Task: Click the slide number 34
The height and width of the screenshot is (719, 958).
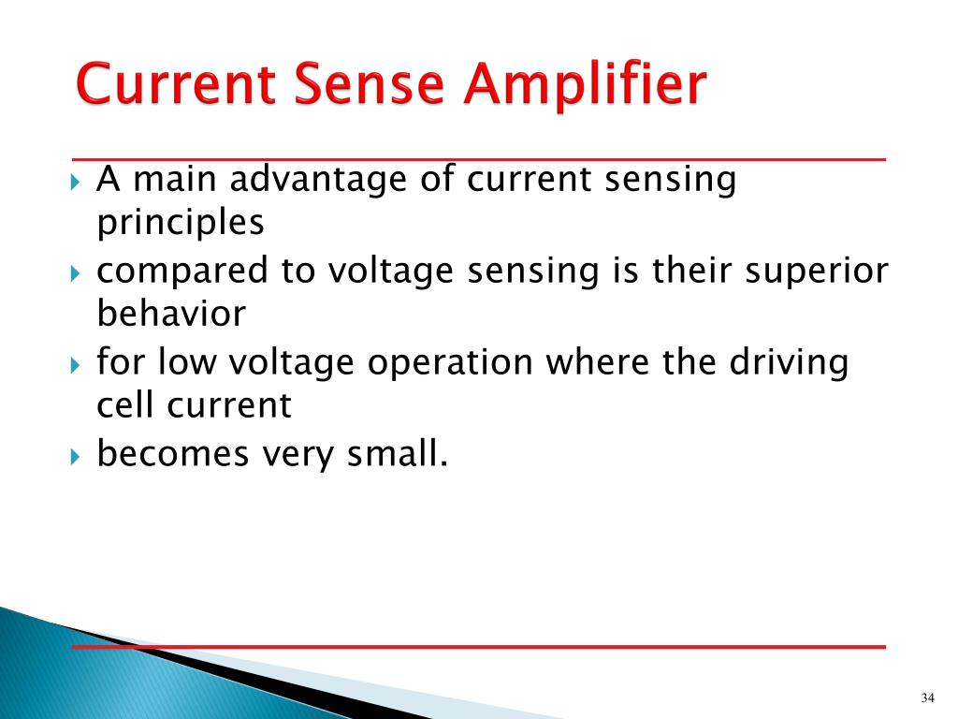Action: [928, 698]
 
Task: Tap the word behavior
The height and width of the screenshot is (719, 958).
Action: [171, 314]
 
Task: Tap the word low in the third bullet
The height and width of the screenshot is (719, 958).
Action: [191, 361]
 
